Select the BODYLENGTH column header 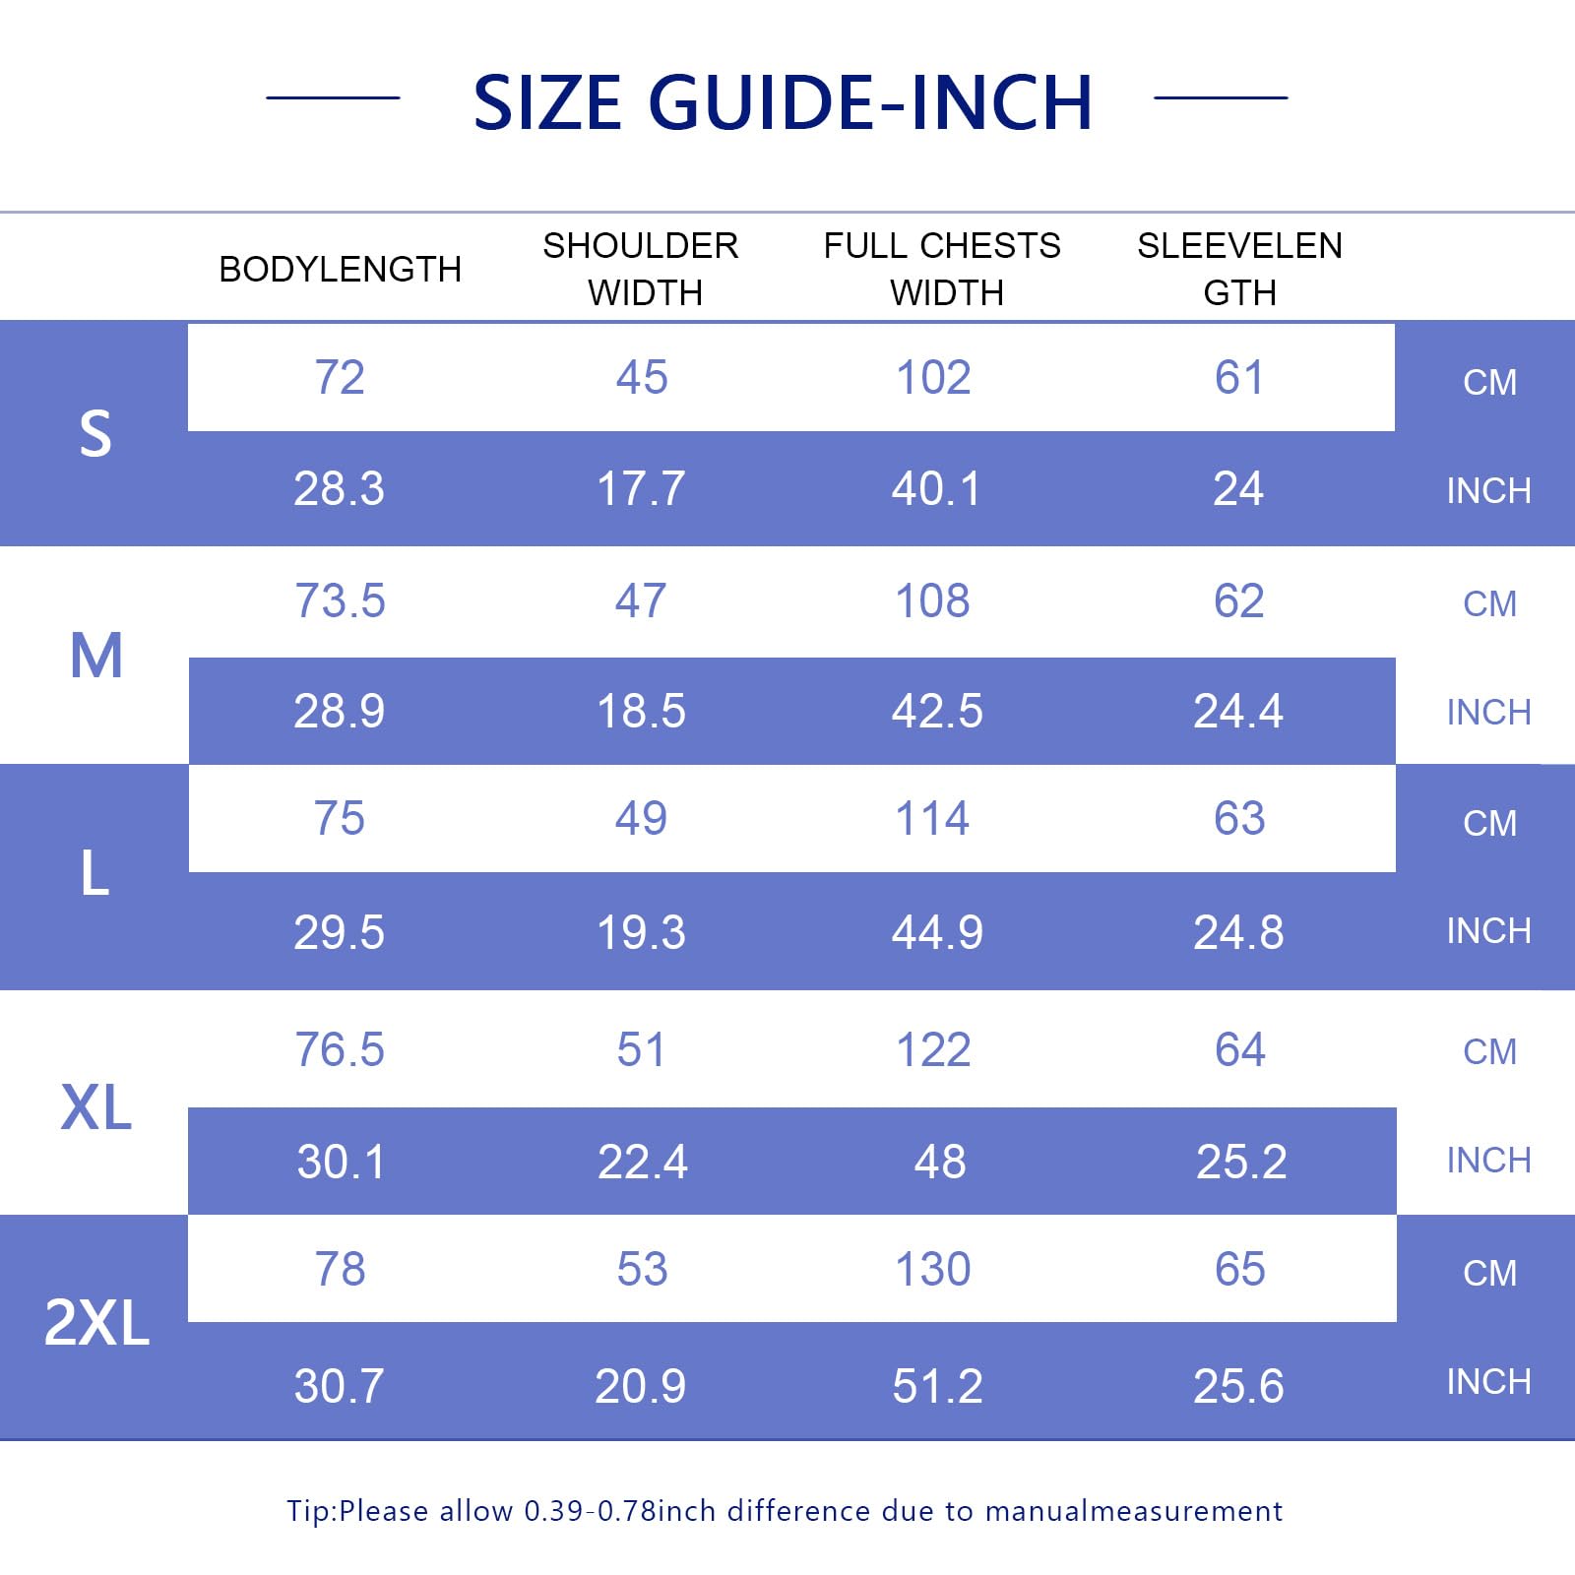pyautogui.click(x=340, y=269)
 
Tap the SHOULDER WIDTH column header pyautogui.click(x=642, y=269)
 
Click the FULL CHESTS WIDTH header pyautogui.click(x=943, y=269)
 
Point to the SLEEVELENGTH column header pyautogui.click(x=1239, y=269)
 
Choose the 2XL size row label pyautogui.click(x=96, y=1322)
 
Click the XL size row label pyautogui.click(x=96, y=1107)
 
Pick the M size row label pyautogui.click(x=96, y=656)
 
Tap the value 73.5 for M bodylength pyautogui.click(x=340, y=600)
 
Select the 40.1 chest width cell pyautogui.click(x=936, y=488)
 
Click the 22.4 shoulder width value pyautogui.click(x=642, y=1162)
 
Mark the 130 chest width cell pyautogui.click(x=933, y=1269)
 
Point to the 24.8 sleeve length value pyautogui.click(x=1238, y=932)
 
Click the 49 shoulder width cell pyautogui.click(x=641, y=818)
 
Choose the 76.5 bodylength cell pyautogui.click(x=340, y=1049)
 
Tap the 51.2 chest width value pyautogui.click(x=937, y=1386)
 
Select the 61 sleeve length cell pyautogui.click(x=1239, y=377)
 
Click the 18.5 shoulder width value pyautogui.click(x=641, y=711)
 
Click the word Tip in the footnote pyautogui.click(x=310, y=1511)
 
